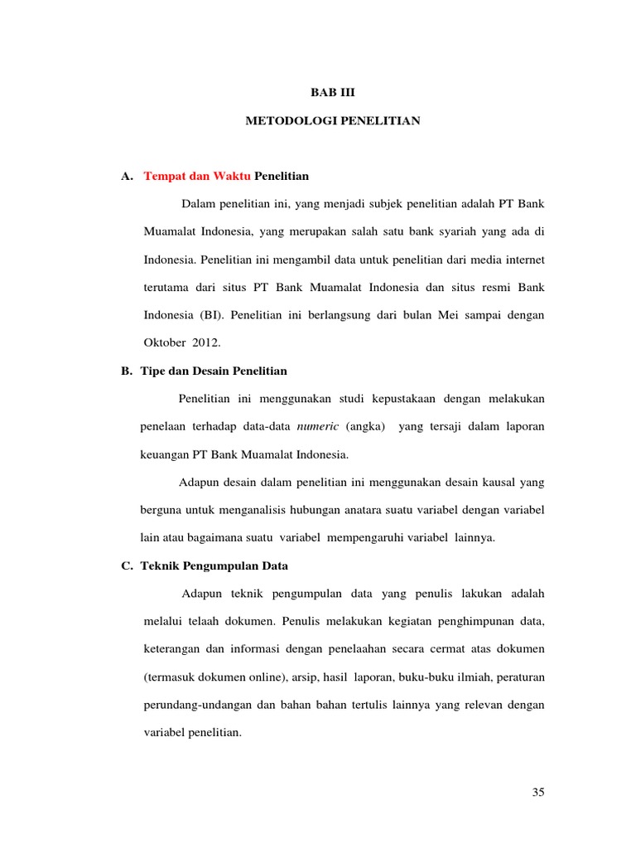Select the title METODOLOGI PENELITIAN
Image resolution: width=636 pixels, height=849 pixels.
click(x=333, y=121)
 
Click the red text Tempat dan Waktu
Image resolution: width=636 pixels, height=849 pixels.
click(x=197, y=176)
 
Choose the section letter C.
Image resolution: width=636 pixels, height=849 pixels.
click(x=126, y=565)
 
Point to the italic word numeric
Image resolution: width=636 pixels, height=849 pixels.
click(x=318, y=426)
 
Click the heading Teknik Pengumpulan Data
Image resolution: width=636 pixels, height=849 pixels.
click(x=215, y=565)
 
